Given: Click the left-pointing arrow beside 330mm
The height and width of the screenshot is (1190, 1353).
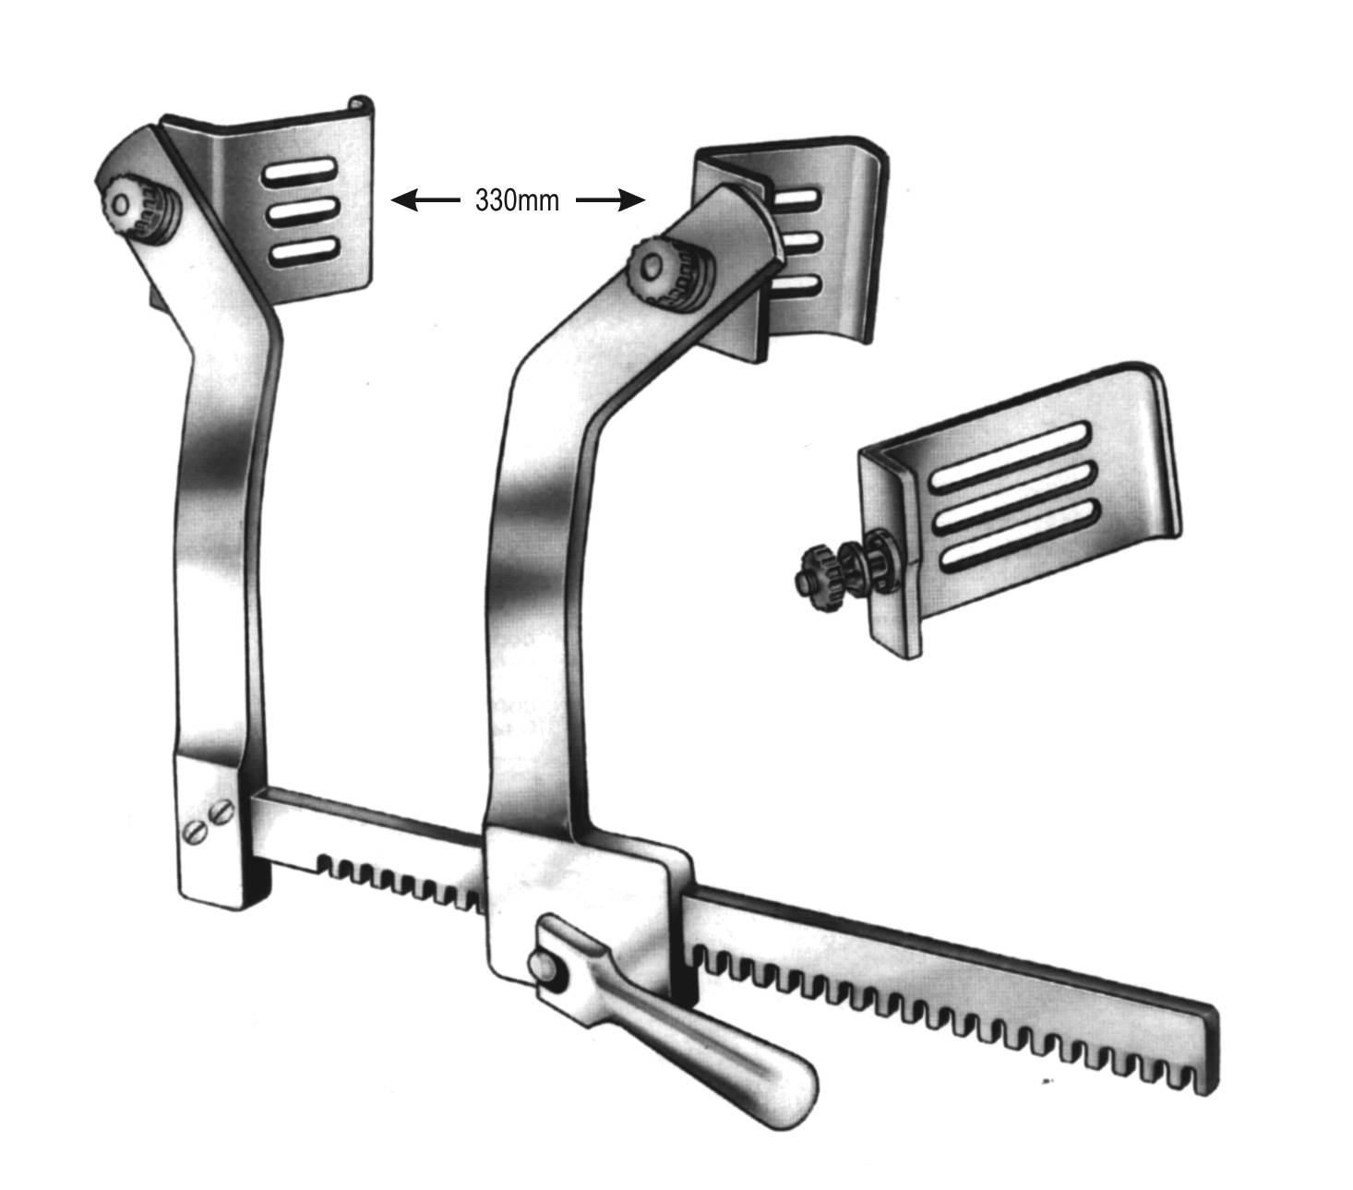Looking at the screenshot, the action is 425,199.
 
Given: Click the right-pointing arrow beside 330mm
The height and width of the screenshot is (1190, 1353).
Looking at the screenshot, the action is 610,199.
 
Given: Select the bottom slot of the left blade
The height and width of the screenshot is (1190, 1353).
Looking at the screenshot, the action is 304,251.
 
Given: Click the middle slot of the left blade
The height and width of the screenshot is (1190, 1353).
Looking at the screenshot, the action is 301,212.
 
